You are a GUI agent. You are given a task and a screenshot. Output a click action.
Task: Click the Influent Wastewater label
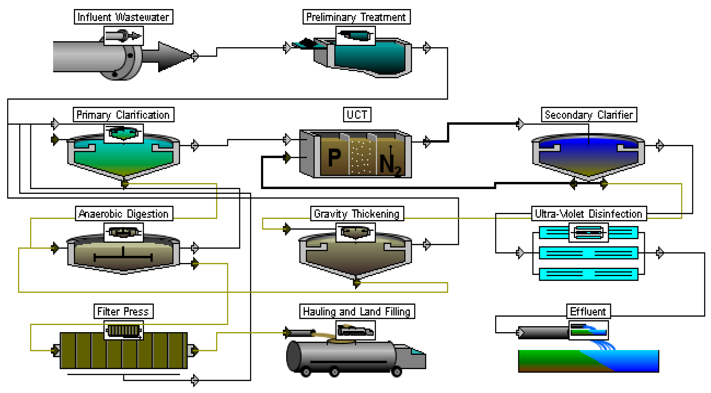point(123,17)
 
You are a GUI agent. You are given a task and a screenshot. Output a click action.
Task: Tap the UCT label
point(357,115)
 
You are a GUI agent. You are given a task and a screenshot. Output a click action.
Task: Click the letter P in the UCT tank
point(334,158)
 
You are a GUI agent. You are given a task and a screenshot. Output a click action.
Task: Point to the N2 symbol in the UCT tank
point(389,164)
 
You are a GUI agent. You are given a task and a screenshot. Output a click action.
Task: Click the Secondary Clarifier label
point(589,115)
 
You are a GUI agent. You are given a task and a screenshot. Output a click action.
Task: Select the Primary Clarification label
point(123,115)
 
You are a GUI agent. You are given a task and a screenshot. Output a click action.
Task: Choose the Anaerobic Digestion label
point(124,214)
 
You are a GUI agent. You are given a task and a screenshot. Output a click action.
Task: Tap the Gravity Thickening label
point(357,214)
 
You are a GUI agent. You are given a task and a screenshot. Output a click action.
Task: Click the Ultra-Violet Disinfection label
point(589,214)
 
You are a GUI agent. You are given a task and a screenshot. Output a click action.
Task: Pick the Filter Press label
point(123,311)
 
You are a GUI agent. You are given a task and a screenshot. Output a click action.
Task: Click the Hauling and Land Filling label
point(357,311)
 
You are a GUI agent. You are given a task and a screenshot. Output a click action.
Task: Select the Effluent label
point(588,311)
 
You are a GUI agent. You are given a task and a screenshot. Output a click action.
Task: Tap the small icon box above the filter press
point(123,330)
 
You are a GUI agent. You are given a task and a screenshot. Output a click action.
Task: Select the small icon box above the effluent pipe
point(588,330)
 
